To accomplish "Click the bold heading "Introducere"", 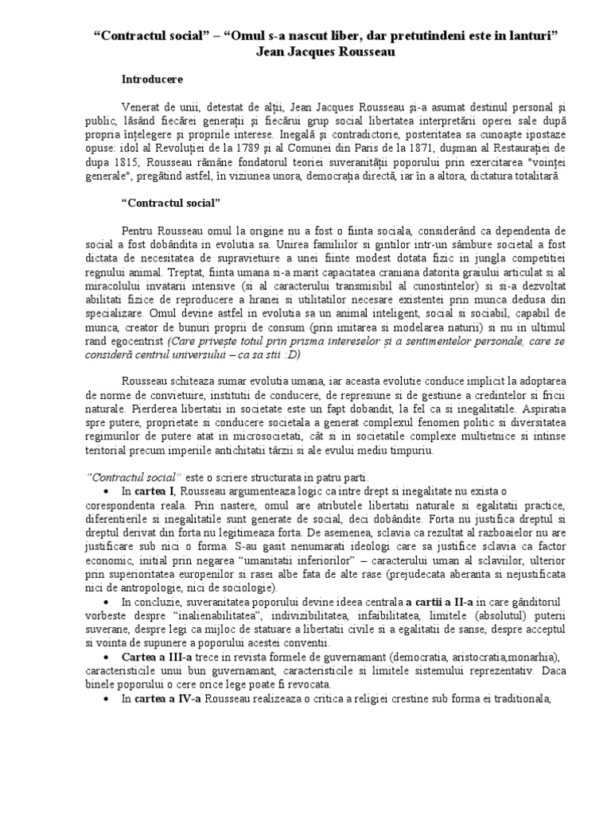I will (152, 79).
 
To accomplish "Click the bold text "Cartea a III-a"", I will (156, 658).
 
